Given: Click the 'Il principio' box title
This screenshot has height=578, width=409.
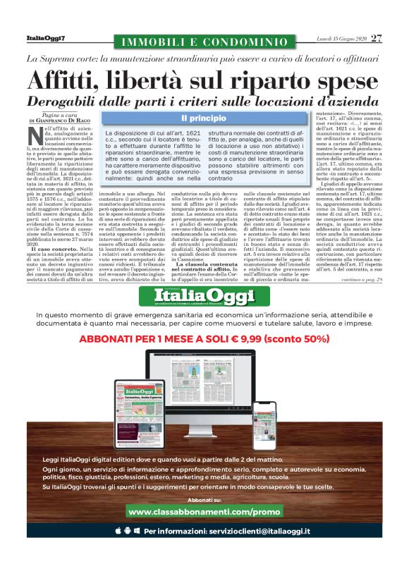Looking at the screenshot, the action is click(x=204, y=119).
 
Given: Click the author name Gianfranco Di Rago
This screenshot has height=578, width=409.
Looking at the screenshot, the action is click(x=67, y=121).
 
